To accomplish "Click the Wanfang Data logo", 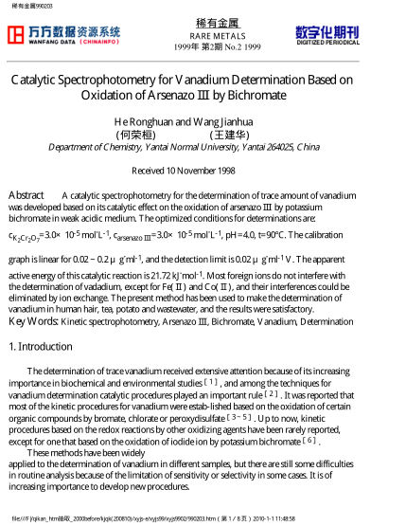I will pos(63,35).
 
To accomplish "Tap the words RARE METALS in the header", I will pos(203,35).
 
